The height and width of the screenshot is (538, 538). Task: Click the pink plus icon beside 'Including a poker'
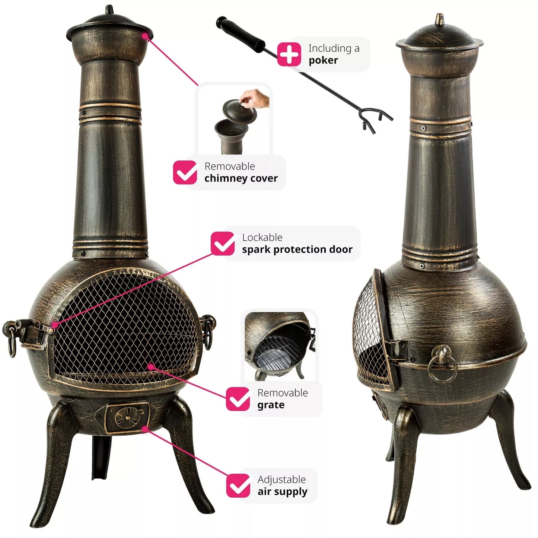(x=289, y=54)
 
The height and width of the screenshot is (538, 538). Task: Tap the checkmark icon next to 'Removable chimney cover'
(x=185, y=172)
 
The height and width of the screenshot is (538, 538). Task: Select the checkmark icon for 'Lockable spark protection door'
(x=223, y=243)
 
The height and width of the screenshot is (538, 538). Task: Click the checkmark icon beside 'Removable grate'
(x=238, y=399)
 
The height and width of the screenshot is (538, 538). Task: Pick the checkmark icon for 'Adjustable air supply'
(x=238, y=486)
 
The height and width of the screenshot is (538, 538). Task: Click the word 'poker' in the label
(x=323, y=60)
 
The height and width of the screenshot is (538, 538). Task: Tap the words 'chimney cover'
(x=241, y=178)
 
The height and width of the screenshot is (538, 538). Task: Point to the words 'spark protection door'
(x=297, y=249)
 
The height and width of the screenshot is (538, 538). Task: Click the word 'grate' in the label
(x=271, y=405)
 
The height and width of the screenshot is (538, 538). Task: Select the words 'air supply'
(x=282, y=492)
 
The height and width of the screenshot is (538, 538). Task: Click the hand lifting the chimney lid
(x=256, y=98)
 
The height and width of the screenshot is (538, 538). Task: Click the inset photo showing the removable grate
(x=280, y=346)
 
